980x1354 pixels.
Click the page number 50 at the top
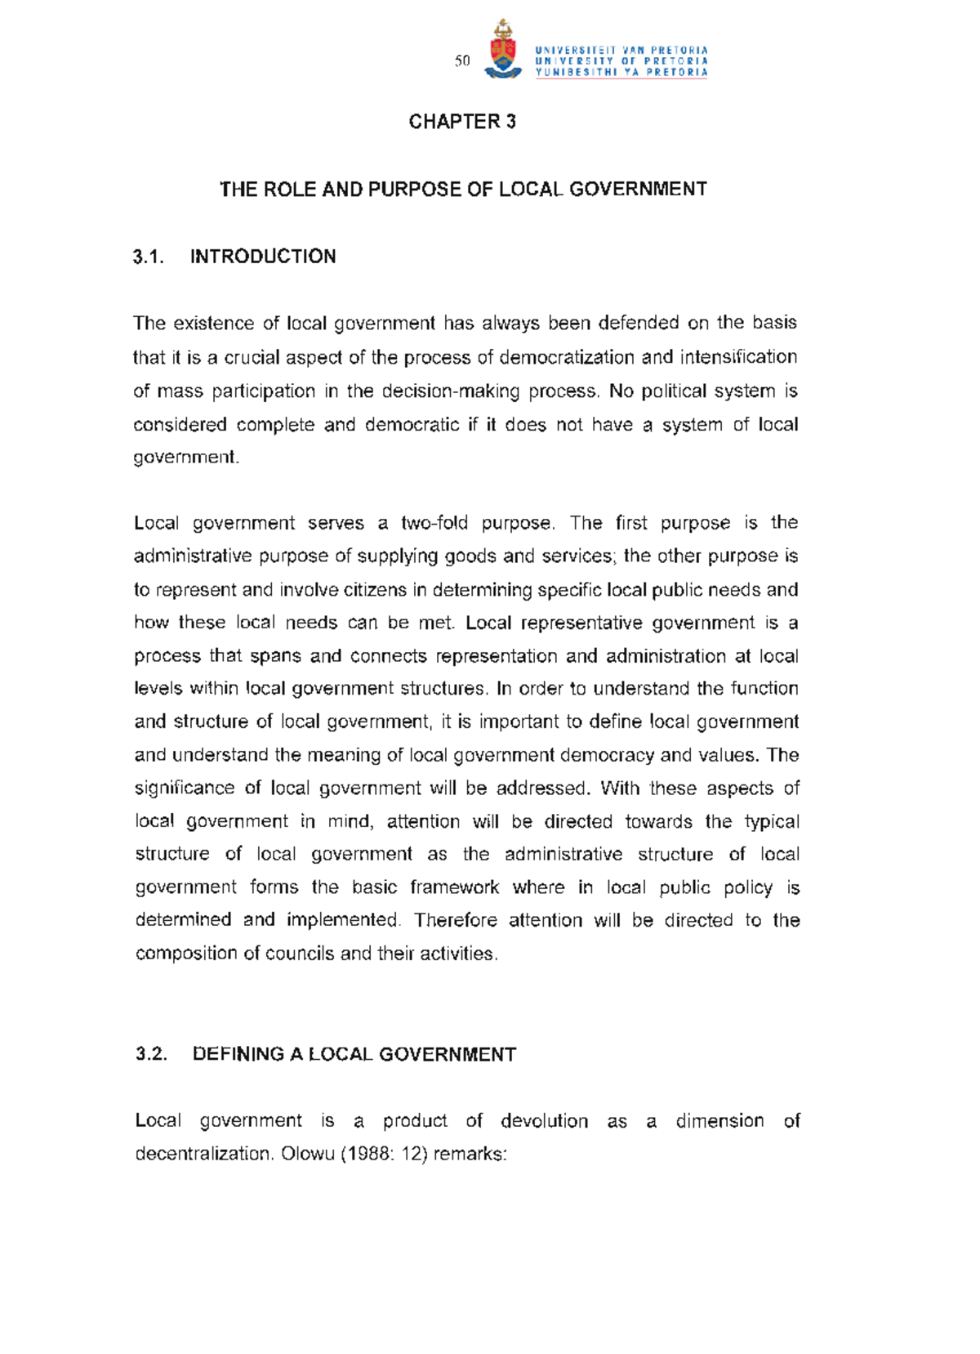coord(463,61)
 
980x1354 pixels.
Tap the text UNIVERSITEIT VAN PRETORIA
coord(621,50)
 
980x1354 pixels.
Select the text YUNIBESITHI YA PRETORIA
coord(621,72)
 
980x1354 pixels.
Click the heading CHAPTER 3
coord(462,122)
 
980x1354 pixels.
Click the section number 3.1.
coord(148,257)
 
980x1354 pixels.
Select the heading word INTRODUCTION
coord(263,257)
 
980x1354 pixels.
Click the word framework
coord(454,887)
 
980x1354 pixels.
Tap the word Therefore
coord(456,920)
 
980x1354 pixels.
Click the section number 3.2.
coord(151,1054)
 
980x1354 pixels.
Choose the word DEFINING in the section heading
coord(238,1054)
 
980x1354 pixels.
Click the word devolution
coord(544,1120)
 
